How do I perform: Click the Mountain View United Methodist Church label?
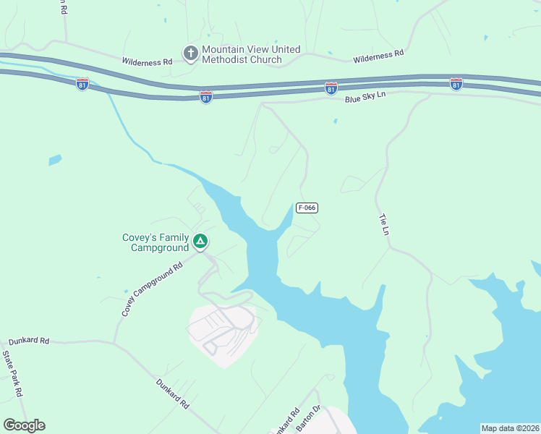(250, 54)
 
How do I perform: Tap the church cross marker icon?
(190, 53)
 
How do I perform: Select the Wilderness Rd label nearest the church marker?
(147, 62)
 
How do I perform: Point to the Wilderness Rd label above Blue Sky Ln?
(378, 56)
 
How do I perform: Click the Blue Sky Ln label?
(365, 96)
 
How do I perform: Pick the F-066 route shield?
(307, 208)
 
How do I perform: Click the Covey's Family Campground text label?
(159, 243)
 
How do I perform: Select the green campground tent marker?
(201, 241)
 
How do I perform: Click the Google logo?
(24, 425)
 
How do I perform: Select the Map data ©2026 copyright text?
(510, 428)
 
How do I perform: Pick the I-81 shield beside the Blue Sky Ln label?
(331, 88)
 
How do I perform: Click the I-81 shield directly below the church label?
(206, 97)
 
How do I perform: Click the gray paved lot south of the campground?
(221, 331)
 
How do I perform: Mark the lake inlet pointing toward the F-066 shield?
(286, 216)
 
